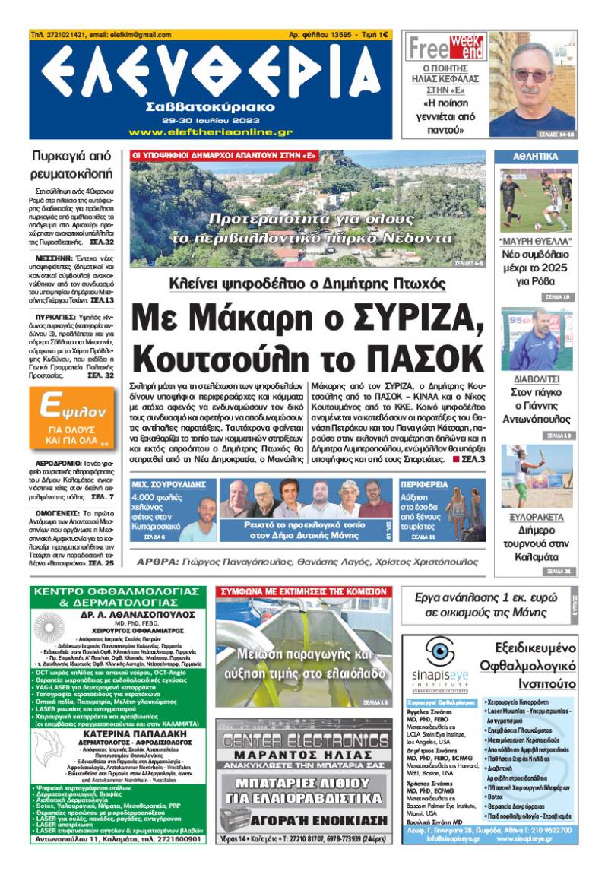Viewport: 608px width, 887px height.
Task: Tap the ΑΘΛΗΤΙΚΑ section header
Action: point(536,157)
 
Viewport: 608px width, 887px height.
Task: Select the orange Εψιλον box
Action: point(71,417)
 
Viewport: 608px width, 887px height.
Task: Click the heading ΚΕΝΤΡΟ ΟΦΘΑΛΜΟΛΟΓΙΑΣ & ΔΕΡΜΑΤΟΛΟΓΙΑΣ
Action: point(117,597)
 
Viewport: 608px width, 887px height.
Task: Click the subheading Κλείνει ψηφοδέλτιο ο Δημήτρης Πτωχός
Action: point(307,284)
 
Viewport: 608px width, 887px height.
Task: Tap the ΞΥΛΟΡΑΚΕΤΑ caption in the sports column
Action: point(536,517)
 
